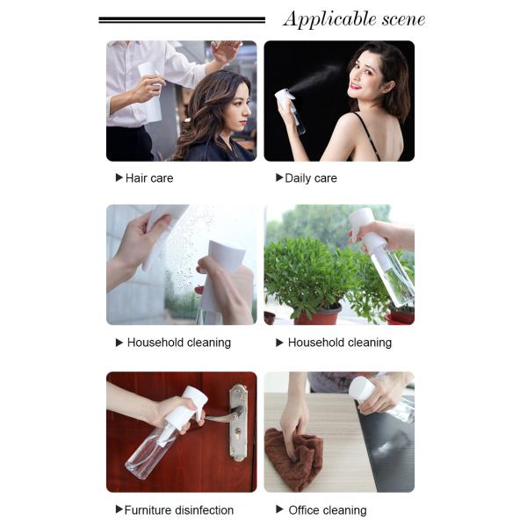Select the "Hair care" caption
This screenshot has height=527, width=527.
(148, 177)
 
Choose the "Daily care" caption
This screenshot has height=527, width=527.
(311, 177)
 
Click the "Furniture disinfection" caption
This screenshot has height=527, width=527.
(179, 509)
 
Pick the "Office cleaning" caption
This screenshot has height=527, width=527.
(328, 509)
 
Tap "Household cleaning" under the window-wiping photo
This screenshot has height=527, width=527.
(179, 343)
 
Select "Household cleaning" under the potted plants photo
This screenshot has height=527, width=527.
(340, 343)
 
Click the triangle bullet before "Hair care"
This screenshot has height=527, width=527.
(119, 177)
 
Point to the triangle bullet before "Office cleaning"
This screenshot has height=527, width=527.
(279, 509)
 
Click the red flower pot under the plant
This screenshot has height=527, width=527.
(318, 314)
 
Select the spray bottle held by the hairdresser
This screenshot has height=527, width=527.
(151, 92)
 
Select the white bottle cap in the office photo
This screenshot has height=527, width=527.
(361, 388)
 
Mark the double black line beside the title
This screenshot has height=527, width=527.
(182, 19)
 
